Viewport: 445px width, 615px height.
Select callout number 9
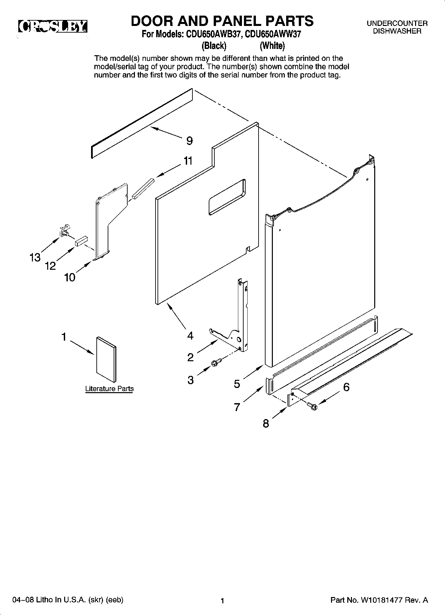[x=189, y=141]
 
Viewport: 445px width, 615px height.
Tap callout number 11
[x=188, y=161]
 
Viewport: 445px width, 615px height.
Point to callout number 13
[x=35, y=257]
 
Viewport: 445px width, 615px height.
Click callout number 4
[x=190, y=336]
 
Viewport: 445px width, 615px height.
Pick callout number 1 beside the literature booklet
[x=64, y=337]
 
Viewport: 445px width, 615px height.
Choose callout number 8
[x=266, y=424]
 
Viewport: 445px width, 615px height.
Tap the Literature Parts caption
[x=109, y=388]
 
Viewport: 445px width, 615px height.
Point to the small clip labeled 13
[x=64, y=231]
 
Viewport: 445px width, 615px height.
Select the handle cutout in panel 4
[x=227, y=197]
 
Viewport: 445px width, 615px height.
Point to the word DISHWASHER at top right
[x=397, y=31]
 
